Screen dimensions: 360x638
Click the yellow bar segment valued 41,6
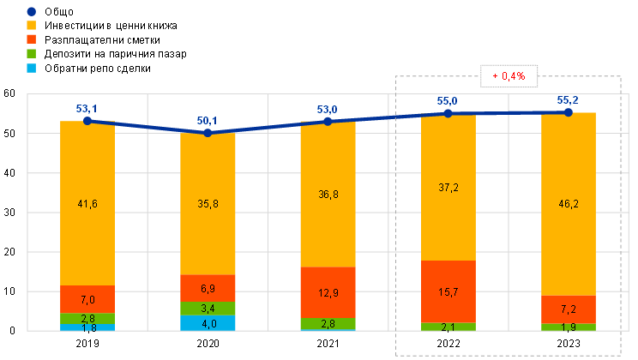(x=87, y=203)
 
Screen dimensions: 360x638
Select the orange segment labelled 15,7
(x=448, y=291)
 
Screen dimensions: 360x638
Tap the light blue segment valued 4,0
(x=208, y=323)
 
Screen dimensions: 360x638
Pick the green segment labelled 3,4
(x=208, y=308)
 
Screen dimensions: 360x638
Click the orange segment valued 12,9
(x=328, y=292)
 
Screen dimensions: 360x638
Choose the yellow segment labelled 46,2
(x=569, y=204)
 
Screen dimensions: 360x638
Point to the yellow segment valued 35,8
(x=208, y=204)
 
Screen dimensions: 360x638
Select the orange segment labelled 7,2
(x=569, y=309)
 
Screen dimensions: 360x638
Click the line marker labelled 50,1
(x=208, y=133)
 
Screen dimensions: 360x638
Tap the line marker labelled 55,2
(x=569, y=112)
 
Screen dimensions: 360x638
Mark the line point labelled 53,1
(x=87, y=121)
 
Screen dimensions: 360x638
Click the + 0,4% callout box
(x=509, y=76)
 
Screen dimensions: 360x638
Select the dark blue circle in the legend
(x=32, y=11)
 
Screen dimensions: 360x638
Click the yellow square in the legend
(x=32, y=25)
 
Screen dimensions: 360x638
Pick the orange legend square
(x=32, y=39)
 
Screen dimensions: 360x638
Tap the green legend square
(x=32, y=53)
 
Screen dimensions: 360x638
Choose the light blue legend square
(x=32, y=67)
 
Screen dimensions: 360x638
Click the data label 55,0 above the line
(x=448, y=101)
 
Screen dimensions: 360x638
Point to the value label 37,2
(x=448, y=187)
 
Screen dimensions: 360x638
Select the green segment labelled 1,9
(x=569, y=327)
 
